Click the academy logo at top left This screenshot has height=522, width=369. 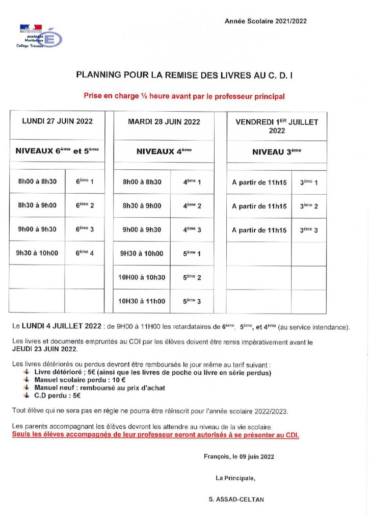(x=40, y=36)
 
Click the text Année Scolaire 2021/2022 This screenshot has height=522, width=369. (x=266, y=21)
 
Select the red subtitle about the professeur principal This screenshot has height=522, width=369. (x=184, y=95)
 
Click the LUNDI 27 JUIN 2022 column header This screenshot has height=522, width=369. (x=57, y=122)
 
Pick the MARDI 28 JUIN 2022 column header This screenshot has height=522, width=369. (x=164, y=122)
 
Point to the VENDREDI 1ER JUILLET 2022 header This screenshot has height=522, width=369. (x=276, y=126)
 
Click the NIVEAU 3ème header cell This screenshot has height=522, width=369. (x=276, y=151)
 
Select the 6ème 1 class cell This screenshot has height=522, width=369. (x=85, y=181)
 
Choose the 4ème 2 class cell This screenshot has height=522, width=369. (x=192, y=206)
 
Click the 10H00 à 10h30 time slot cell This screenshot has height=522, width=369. (x=142, y=277)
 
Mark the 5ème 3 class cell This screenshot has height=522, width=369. (x=192, y=301)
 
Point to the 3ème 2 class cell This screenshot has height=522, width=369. (x=309, y=206)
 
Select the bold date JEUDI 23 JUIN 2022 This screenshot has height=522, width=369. (x=44, y=350)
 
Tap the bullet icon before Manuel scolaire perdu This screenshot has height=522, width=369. (x=27, y=380)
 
